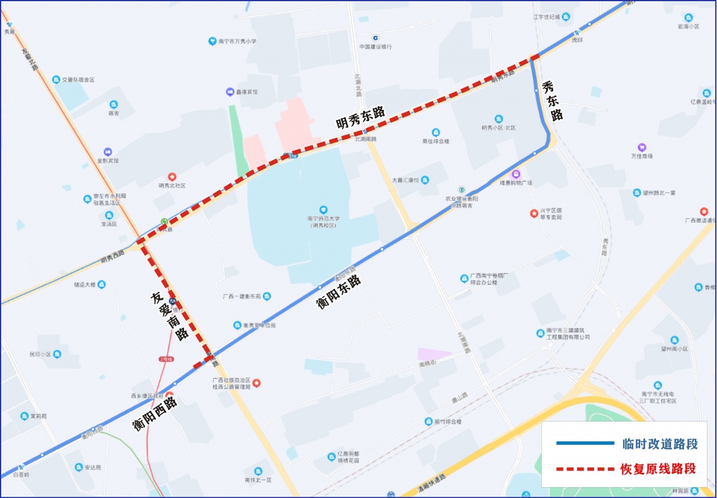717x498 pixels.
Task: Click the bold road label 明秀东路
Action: pyautogui.click(x=360, y=116)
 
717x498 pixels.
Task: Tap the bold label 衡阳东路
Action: pyautogui.click(x=339, y=291)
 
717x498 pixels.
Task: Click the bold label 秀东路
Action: pyautogui.click(x=553, y=101)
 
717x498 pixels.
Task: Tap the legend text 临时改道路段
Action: pyautogui.click(x=659, y=444)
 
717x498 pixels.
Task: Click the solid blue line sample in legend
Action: pyautogui.click(x=585, y=444)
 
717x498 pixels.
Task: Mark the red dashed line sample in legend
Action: pyautogui.click(x=585, y=469)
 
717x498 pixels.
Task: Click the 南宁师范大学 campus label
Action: pyautogui.click(x=323, y=222)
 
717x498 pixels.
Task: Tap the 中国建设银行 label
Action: pyautogui.click(x=375, y=47)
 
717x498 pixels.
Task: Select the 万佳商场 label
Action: pyautogui.click(x=642, y=156)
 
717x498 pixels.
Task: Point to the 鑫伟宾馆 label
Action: pyautogui.click(x=246, y=92)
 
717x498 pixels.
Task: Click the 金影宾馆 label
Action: pyautogui.click(x=108, y=161)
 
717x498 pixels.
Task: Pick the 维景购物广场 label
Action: pyautogui.click(x=516, y=182)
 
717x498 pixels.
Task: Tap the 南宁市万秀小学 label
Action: pyautogui.click(x=237, y=41)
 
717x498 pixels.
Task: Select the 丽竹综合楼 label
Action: pyautogui.click(x=448, y=422)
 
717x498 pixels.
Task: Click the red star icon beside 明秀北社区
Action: pyautogui.click(x=172, y=177)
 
